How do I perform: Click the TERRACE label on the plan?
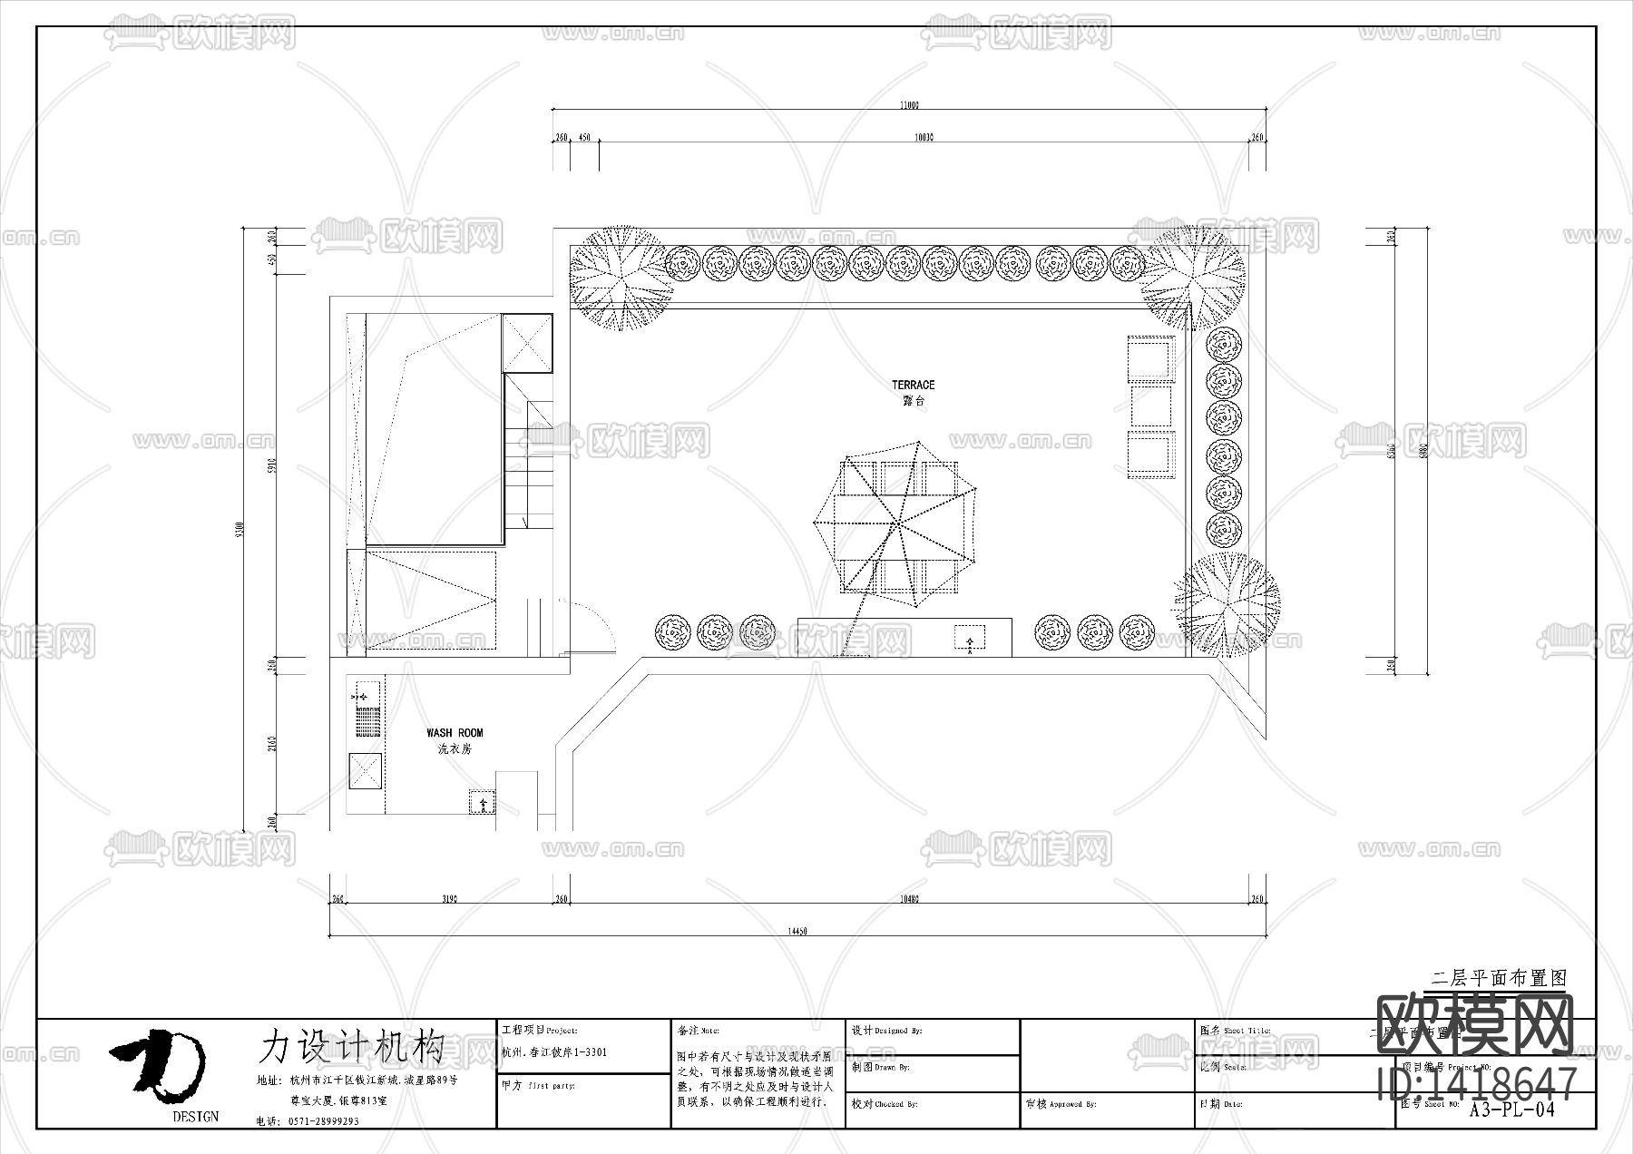pyautogui.click(x=913, y=386)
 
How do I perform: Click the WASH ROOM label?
pyautogui.click(x=455, y=733)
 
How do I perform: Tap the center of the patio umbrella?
pyautogui.click(x=895, y=524)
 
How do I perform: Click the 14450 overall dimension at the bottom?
pyautogui.click(x=797, y=931)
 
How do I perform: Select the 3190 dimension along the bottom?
pyautogui.click(x=449, y=899)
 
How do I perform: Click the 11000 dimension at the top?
pyautogui.click(x=909, y=105)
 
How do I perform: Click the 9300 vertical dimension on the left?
pyautogui.click(x=239, y=527)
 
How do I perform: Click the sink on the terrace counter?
pyautogui.click(x=970, y=638)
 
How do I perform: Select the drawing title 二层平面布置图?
pyautogui.click(x=1498, y=979)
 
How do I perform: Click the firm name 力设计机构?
pyautogui.click(x=352, y=1046)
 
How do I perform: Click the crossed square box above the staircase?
pyautogui.click(x=527, y=342)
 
